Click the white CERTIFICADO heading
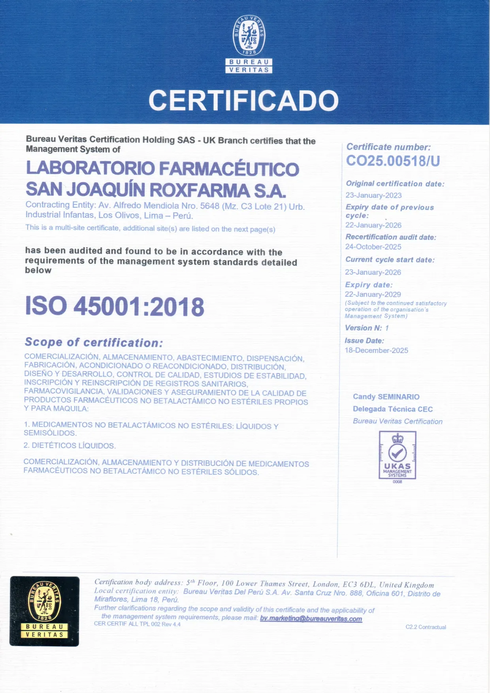click(x=243, y=100)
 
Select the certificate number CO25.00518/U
click(x=393, y=161)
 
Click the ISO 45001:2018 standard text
click(x=115, y=306)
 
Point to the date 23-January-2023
click(x=373, y=195)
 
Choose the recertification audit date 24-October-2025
click(x=373, y=247)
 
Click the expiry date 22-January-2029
click(x=373, y=295)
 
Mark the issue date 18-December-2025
click(x=376, y=351)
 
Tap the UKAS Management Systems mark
click(x=398, y=456)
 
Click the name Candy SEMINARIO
click(x=386, y=397)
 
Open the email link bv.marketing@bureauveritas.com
click(x=311, y=619)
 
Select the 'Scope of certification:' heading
click(x=94, y=342)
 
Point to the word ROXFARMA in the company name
click(x=200, y=190)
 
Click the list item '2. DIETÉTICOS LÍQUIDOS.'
click(x=70, y=445)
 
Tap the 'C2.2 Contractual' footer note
click(x=426, y=627)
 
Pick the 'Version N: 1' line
click(x=367, y=328)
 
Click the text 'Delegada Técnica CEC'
click(x=393, y=409)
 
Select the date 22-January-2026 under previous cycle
click(x=373, y=225)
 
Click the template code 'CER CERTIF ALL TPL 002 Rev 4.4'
click(x=137, y=624)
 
